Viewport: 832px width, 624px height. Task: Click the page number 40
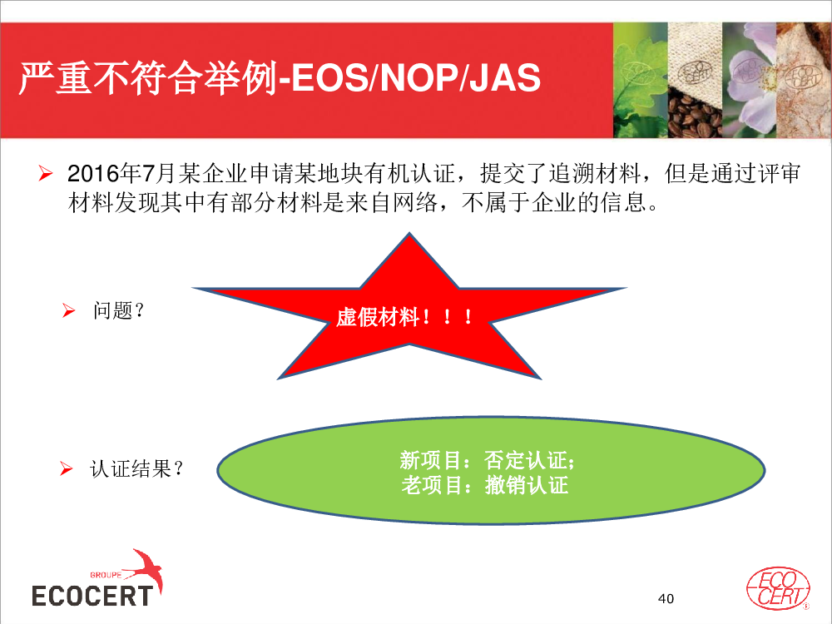666,598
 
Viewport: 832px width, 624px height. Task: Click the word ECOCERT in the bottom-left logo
92,596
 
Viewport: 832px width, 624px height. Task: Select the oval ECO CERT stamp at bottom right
778,588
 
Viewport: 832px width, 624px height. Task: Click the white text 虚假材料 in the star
377,317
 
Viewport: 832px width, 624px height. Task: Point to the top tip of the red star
409,232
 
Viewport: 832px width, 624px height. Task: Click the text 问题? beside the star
118,310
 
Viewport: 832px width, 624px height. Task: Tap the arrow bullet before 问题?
68,310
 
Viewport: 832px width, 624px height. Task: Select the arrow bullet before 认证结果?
66,468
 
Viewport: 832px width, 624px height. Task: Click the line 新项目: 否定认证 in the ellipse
487,460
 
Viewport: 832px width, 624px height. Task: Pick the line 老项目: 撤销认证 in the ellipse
484,485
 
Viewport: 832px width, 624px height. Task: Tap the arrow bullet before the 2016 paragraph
46,173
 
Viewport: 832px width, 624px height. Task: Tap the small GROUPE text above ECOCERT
106,575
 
